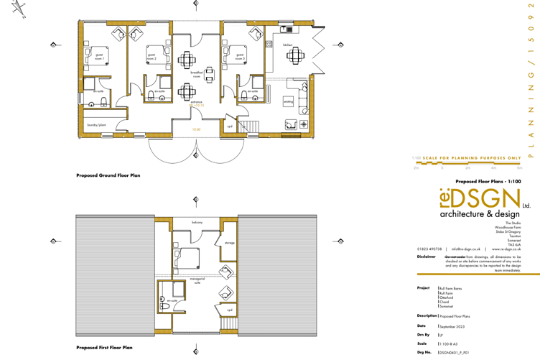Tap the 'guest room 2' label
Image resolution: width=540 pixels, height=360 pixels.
(152, 56)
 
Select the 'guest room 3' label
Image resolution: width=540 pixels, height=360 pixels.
(240, 56)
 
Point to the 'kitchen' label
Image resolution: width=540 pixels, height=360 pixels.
(287, 45)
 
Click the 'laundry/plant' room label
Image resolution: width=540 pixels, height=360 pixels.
(97, 124)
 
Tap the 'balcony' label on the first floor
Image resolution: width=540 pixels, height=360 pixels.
(197, 223)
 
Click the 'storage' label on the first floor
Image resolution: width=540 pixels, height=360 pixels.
(229, 242)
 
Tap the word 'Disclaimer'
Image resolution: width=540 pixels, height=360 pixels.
(428, 256)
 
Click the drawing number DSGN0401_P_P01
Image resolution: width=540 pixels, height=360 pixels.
(454, 354)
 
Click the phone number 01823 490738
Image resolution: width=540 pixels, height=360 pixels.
(429, 249)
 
